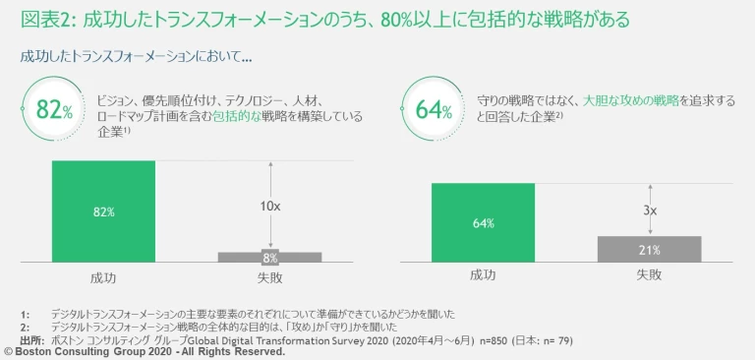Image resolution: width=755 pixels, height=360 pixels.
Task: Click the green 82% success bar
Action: pos(103,210)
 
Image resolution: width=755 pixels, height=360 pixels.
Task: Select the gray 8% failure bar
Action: pos(269,257)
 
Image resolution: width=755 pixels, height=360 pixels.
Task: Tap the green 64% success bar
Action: pos(483,222)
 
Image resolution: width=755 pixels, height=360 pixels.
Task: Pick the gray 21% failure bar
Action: pos(649,249)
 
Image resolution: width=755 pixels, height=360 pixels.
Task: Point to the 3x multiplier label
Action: pos(649,210)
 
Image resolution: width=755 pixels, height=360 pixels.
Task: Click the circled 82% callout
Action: pos(53,109)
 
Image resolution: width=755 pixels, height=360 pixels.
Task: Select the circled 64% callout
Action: pos(433,109)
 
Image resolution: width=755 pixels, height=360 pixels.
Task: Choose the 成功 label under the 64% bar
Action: pos(483,274)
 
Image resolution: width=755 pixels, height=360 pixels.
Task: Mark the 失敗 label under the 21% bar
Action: pos(649,274)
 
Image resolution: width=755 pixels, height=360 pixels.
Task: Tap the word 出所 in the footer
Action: pos(31,339)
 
